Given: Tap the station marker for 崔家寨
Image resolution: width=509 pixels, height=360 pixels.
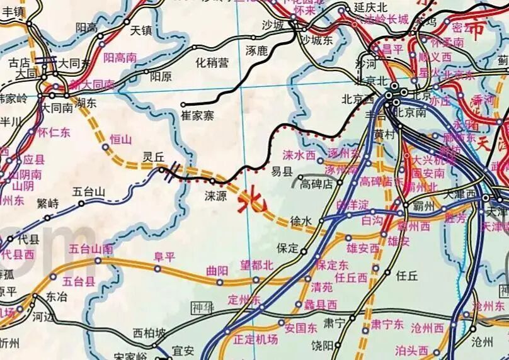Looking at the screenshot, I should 183,104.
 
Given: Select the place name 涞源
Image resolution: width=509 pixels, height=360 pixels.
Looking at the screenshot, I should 215,196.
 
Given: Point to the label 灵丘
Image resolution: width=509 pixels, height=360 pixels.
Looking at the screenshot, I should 153,157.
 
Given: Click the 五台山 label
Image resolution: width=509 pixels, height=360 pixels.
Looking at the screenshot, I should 88,191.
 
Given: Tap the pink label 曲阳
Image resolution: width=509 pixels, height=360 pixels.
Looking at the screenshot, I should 217,271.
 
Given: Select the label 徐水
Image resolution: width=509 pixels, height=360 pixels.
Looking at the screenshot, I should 300,222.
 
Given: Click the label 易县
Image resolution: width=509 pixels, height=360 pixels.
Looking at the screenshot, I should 282,171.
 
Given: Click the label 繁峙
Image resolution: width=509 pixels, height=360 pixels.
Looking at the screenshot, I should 47,203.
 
